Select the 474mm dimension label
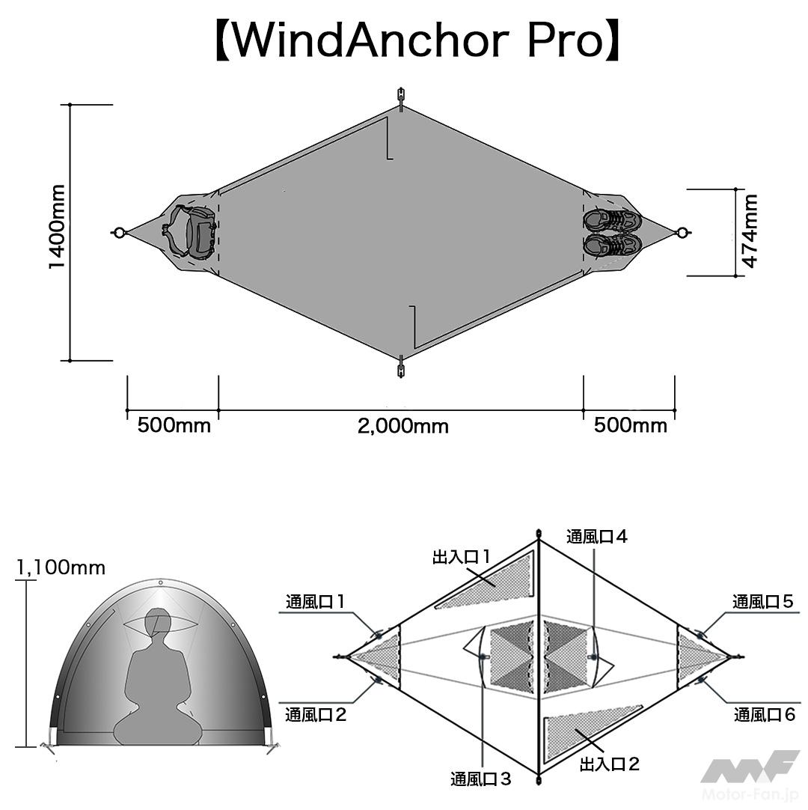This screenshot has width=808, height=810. (x=749, y=231)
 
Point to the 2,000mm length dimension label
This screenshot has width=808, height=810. (x=403, y=427)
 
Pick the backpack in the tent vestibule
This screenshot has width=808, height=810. (x=191, y=232)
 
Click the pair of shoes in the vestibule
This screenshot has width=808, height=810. (x=612, y=232)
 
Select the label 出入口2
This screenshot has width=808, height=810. (x=610, y=764)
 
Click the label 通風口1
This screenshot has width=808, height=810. (x=315, y=601)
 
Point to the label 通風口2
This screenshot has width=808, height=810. (x=316, y=714)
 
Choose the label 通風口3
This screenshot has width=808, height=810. (x=480, y=779)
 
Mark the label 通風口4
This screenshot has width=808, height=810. (x=596, y=536)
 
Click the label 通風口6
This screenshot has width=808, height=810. (x=763, y=714)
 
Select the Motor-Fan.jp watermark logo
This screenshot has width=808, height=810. (x=749, y=776)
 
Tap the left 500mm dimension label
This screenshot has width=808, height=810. (x=174, y=425)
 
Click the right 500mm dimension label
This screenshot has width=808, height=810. (x=630, y=425)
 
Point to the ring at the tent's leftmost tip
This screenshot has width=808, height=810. (x=117, y=233)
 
